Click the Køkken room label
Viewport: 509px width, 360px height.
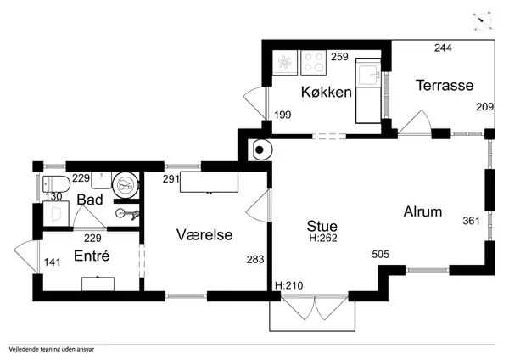[327, 93]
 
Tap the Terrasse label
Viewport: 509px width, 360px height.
[445, 86]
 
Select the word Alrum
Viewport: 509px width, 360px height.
[422, 212]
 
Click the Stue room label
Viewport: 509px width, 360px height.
[322, 226]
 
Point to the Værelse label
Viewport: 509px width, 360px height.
[204, 234]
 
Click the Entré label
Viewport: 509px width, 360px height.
[92, 256]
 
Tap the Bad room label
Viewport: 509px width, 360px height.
[90, 200]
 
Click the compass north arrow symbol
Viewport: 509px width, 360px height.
[482, 20]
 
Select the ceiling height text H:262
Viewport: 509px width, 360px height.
[323, 238]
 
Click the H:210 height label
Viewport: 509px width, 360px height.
[289, 285]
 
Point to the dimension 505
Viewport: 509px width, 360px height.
[380, 254]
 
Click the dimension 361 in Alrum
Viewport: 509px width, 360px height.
[471, 221]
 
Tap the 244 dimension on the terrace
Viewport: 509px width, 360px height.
[443, 48]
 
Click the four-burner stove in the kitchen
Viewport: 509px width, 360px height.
[314, 63]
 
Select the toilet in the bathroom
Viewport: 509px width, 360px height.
[57, 184]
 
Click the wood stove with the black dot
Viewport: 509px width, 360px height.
[260, 149]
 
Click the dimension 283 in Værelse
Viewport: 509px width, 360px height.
[255, 260]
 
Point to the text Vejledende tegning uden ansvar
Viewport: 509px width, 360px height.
[52, 350]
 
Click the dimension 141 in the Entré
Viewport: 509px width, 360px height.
[53, 262]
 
